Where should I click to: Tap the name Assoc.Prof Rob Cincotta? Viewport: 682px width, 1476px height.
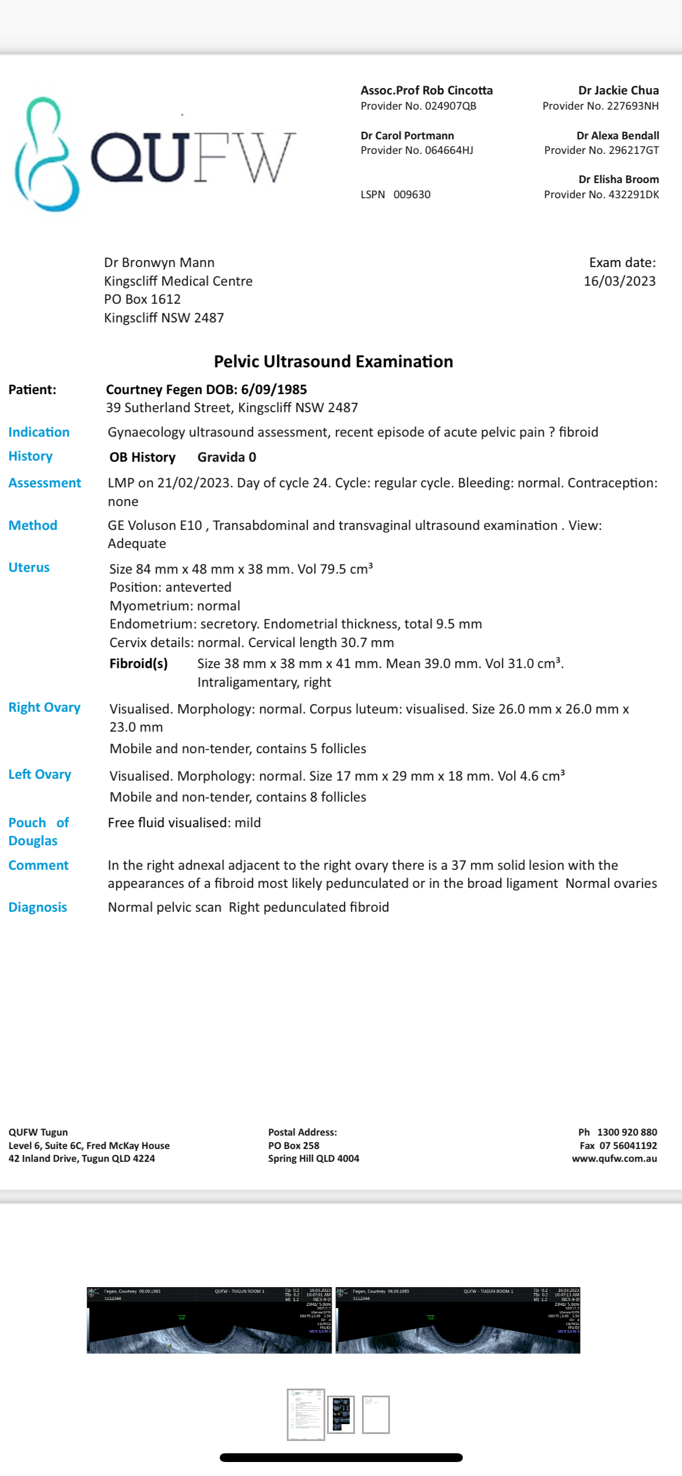coord(426,90)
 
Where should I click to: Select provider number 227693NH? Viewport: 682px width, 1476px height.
coord(632,106)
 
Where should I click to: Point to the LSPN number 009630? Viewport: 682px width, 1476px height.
coord(412,195)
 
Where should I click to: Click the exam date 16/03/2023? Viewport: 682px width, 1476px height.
coord(619,281)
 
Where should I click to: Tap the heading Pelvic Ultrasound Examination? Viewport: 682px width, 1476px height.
coord(333,361)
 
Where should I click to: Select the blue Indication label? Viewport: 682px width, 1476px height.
coord(38,432)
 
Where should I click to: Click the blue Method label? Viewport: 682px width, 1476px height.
coord(33,525)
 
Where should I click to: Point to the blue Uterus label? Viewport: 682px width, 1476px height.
coord(29,567)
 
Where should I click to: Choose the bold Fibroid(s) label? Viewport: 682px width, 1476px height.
coord(139,663)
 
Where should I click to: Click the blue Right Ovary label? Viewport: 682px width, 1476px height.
coord(44,707)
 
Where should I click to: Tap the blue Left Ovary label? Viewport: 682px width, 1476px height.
coord(40,774)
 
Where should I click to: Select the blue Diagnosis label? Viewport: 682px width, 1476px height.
coord(37,907)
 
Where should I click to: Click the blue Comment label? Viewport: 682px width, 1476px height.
coord(38,865)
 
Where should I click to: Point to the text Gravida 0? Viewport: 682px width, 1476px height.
coord(227,457)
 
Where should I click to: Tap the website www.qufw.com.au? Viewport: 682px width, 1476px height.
coord(614,1158)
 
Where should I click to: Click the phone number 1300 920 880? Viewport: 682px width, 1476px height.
coord(627,1132)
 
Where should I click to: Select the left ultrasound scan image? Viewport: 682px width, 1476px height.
coord(209,1320)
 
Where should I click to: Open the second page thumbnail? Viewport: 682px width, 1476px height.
coord(341,1414)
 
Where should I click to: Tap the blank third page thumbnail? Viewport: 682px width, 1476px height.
coord(376,1414)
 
